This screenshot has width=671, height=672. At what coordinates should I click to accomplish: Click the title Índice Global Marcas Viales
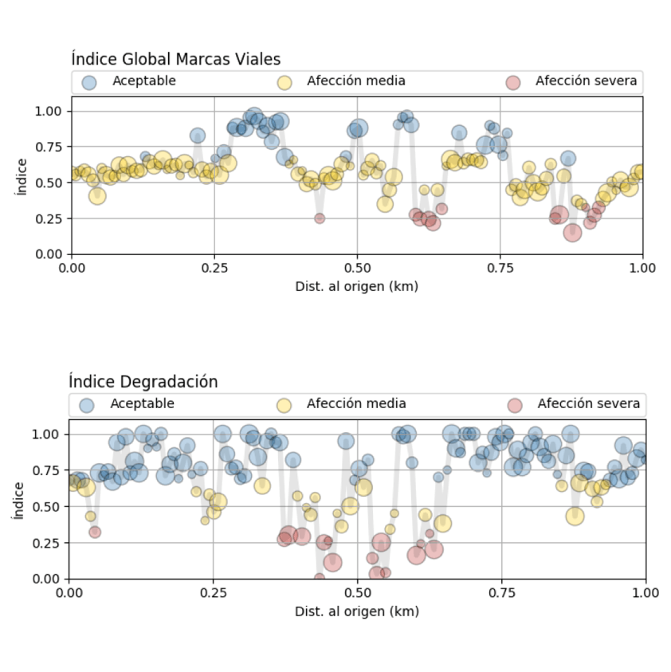(x=175, y=59)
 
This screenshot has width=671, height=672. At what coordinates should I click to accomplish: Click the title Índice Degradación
(x=143, y=382)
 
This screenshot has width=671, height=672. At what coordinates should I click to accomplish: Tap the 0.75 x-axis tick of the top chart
(x=500, y=268)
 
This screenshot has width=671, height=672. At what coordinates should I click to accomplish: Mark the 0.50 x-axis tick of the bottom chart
(x=358, y=593)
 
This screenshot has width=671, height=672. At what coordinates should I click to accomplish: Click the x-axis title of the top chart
(x=357, y=285)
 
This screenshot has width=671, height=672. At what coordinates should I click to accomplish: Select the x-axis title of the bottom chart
(x=357, y=611)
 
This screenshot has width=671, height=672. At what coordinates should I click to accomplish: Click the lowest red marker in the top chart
(x=572, y=233)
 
